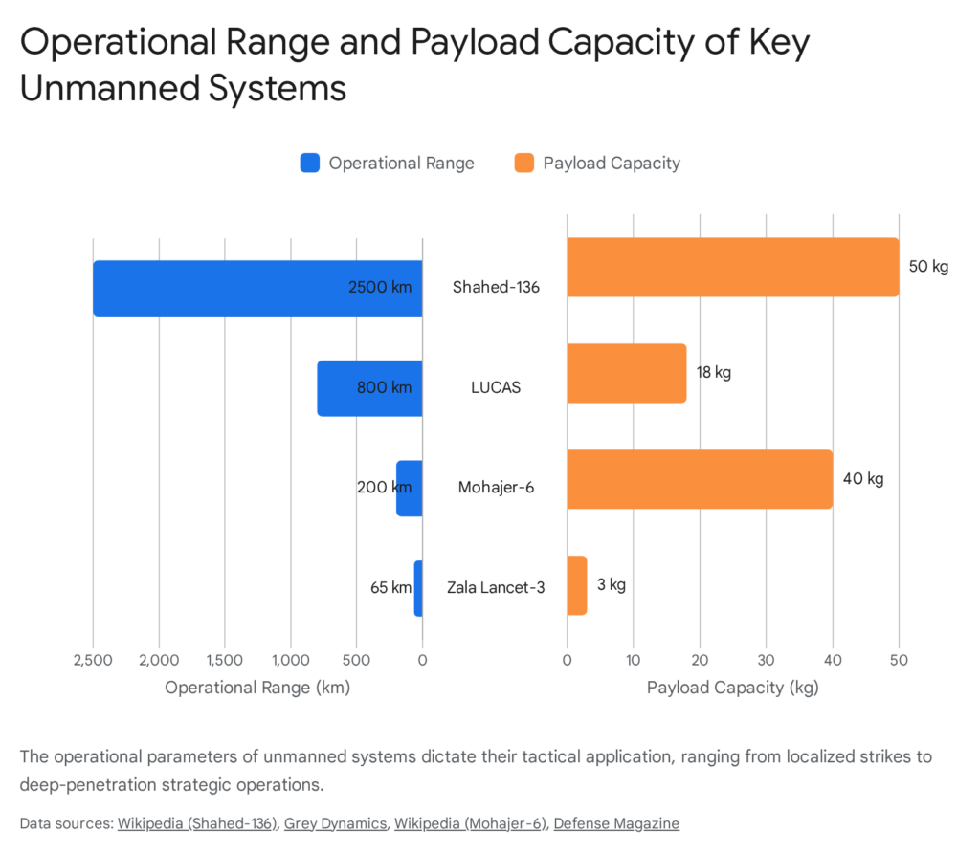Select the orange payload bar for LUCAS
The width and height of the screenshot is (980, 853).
point(626,373)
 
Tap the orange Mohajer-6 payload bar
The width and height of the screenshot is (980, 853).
point(699,479)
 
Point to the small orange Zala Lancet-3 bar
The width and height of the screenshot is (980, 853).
point(576,585)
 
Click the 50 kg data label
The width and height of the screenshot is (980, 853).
point(927,267)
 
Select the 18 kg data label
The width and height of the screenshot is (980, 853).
point(714,372)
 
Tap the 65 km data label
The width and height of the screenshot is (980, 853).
point(390,587)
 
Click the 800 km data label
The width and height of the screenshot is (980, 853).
point(382,388)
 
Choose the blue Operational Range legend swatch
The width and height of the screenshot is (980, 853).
point(309,163)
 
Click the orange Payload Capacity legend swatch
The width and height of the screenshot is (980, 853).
point(523,163)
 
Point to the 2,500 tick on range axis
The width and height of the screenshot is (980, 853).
point(93,660)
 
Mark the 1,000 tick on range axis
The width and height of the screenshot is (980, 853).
point(290,660)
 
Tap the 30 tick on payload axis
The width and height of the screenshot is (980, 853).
point(766,660)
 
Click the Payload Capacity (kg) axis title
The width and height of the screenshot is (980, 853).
point(732,688)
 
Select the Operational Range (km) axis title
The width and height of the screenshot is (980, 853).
point(257,688)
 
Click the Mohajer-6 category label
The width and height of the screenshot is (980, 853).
point(496,488)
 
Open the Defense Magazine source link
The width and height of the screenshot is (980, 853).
point(616,823)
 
